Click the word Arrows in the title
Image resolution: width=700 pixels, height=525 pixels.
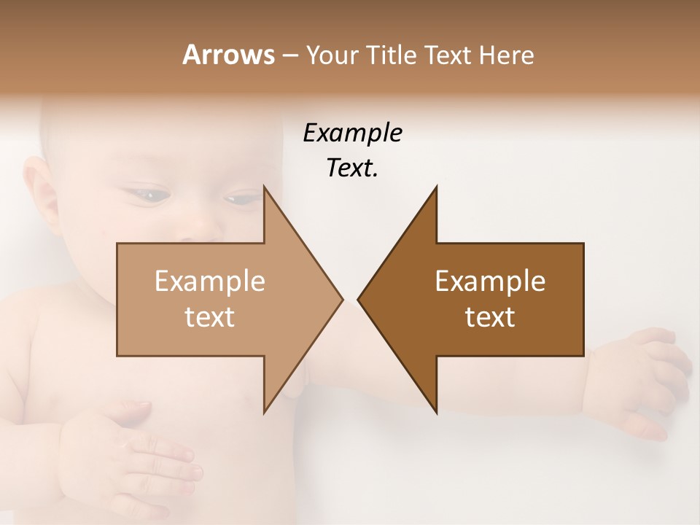[x=227, y=55]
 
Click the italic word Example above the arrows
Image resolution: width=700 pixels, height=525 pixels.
[x=352, y=133]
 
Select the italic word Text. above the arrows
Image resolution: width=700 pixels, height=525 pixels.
[x=352, y=168]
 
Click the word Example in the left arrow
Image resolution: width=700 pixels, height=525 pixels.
[x=209, y=281]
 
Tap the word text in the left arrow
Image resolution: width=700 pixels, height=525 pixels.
[x=209, y=316]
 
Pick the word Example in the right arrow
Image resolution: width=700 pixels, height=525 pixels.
[x=490, y=281]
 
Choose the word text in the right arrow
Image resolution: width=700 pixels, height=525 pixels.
[x=490, y=316]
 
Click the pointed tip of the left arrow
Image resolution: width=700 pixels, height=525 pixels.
[x=341, y=299]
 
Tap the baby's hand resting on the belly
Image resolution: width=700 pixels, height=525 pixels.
[x=139, y=452]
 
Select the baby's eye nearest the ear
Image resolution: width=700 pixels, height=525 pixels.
[x=148, y=193]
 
